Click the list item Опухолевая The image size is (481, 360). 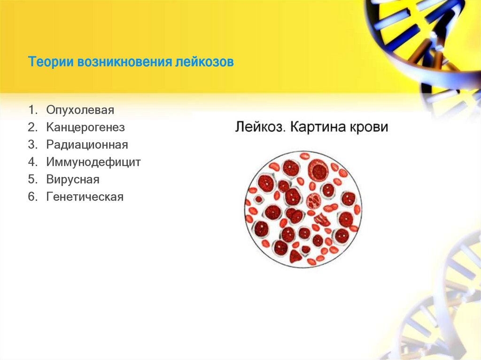(80, 110)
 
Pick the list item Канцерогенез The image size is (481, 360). (85, 127)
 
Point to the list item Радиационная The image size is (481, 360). (87, 145)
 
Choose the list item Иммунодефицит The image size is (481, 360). (93, 162)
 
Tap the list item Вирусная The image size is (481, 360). (73, 179)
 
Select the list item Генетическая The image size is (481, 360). (85, 197)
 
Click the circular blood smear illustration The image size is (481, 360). (303, 209)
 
